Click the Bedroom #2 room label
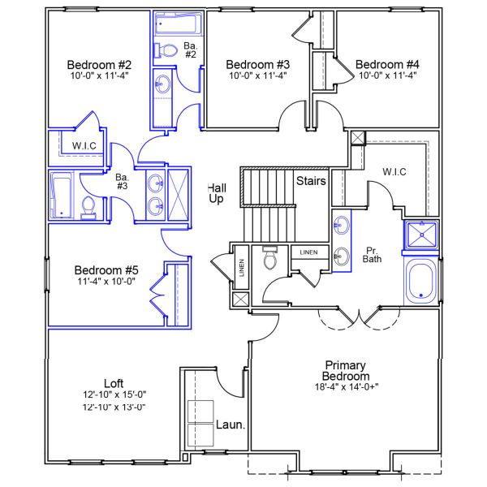[x=99, y=64]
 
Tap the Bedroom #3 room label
[x=258, y=64]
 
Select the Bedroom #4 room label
[x=387, y=64]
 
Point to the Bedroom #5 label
[x=107, y=270]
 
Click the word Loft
[x=114, y=383]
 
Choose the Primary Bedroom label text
[x=347, y=371]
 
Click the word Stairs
[x=311, y=180]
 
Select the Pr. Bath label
[x=373, y=254]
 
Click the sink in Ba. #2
[x=162, y=83]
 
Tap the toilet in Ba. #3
[x=89, y=209]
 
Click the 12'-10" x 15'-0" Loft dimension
[x=114, y=395]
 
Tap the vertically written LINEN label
[x=242, y=268]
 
